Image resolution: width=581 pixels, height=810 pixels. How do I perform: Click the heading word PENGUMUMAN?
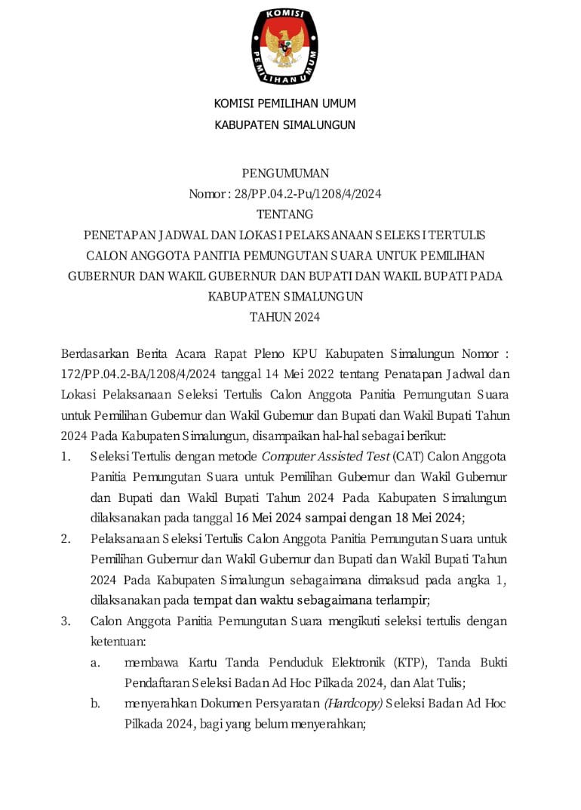pos(284,173)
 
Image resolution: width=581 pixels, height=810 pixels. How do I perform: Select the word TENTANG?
pos(284,214)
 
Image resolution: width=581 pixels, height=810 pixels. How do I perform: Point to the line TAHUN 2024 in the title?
pos(284,317)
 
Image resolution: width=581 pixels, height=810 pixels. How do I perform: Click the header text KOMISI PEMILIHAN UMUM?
pos(284,103)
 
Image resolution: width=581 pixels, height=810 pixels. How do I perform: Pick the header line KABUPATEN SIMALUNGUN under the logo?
pos(284,125)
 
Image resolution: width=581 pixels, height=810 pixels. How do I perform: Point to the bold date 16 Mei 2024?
pos(272,518)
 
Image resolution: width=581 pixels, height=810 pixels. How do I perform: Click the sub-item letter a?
pos(96,663)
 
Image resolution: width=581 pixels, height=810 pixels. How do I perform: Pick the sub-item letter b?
pos(96,704)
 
